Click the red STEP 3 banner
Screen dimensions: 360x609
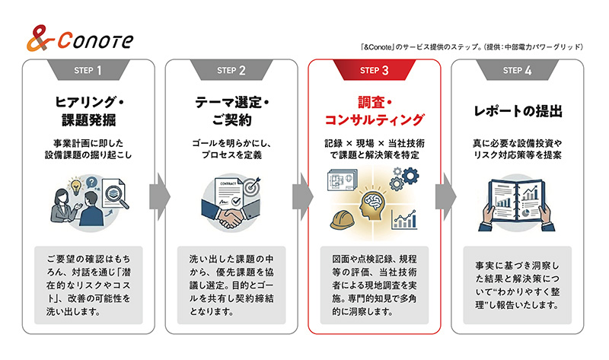(375, 71)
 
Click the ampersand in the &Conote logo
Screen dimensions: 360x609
(39, 38)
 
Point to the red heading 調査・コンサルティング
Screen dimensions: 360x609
(375, 110)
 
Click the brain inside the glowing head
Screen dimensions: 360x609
(374, 202)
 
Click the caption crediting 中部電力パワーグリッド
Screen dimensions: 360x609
(472, 46)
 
